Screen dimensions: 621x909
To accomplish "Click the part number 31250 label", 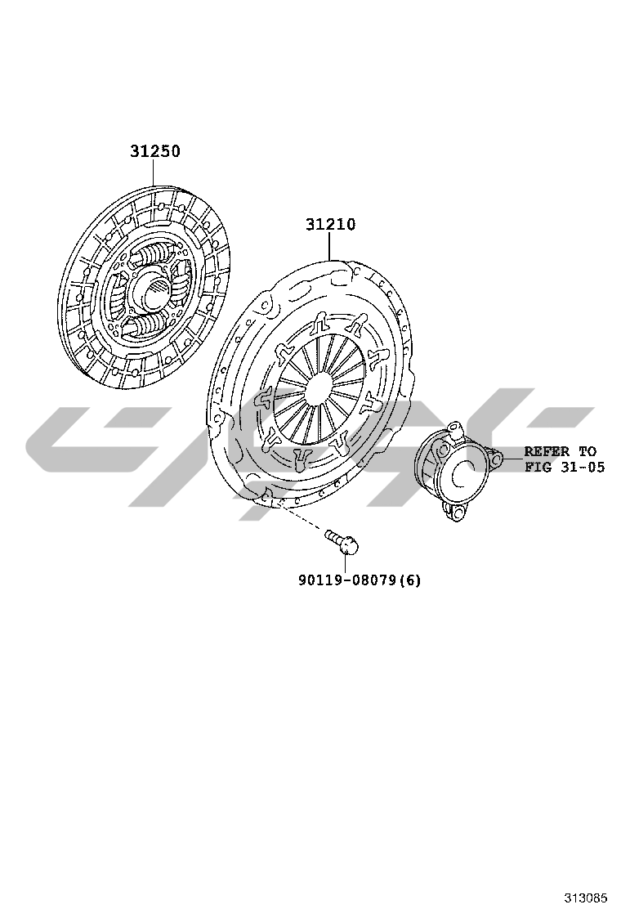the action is pyautogui.click(x=154, y=151).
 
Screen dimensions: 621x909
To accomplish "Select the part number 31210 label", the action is pyautogui.click(x=331, y=224).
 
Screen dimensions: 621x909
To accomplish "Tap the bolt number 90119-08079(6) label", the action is pyautogui.click(x=360, y=580).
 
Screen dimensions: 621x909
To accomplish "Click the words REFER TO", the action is pyautogui.click(x=561, y=451).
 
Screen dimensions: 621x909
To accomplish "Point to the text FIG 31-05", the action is pyautogui.click(x=565, y=467).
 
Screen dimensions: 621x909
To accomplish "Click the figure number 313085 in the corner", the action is pyautogui.click(x=586, y=898).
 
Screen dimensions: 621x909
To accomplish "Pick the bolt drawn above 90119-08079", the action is pyautogui.click(x=342, y=540).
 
